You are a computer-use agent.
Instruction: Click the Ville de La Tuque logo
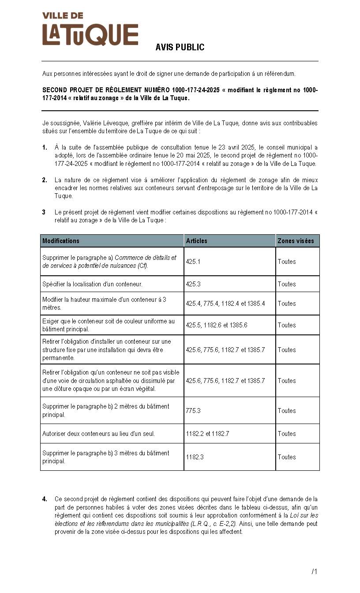pyautogui.click(x=90, y=30)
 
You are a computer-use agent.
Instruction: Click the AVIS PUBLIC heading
pyautogui.click(x=180, y=48)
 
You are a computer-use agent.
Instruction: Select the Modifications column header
pyautogui.click(x=61, y=241)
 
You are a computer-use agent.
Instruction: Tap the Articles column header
pyautogui.click(x=196, y=241)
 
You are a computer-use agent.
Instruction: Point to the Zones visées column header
pyautogui.click(x=296, y=241)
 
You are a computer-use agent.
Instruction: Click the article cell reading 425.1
pyautogui.click(x=193, y=262)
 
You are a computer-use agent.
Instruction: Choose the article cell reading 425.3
pyautogui.click(x=193, y=284)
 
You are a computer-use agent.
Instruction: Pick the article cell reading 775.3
pyautogui.click(x=193, y=411)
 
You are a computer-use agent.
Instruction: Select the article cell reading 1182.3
pyautogui.click(x=195, y=457)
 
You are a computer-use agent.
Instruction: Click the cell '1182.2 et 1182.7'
pyautogui.click(x=207, y=434)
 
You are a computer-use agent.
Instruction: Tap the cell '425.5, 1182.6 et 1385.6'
pyautogui.click(x=216, y=325)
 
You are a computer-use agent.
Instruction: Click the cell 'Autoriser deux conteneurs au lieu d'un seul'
pyautogui.click(x=98, y=434)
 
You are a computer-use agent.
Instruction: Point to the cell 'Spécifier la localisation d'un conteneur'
pyautogui.click(x=92, y=284)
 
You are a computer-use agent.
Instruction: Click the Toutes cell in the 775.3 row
pyautogui.click(x=287, y=411)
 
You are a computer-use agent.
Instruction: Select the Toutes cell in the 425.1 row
pyautogui.click(x=287, y=262)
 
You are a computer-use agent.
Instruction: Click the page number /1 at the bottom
pyautogui.click(x=314, y=572)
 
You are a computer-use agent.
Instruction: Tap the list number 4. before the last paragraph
pyautogui.click(x=45, y=499)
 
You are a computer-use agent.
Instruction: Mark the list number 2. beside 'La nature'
pyautogui.click(x=45, y=180)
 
